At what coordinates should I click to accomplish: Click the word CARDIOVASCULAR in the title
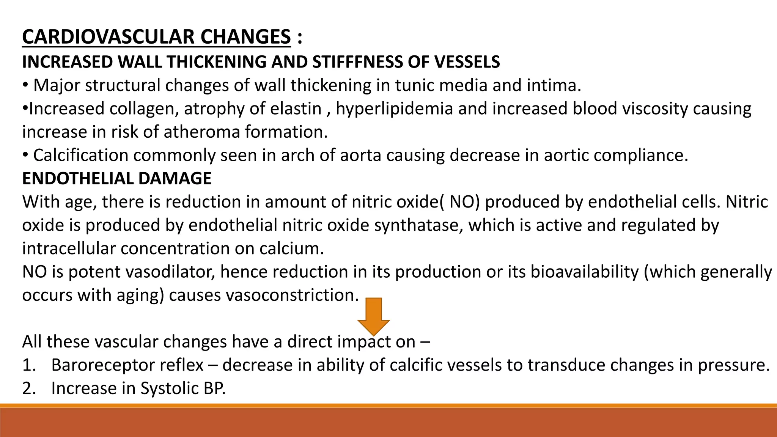coord(108,37)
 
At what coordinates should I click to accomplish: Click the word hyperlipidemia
coord(394,109)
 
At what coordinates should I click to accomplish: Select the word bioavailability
coord(585,272)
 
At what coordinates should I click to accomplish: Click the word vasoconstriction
coord(292,295)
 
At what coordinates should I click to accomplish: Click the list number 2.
coord(29,388)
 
